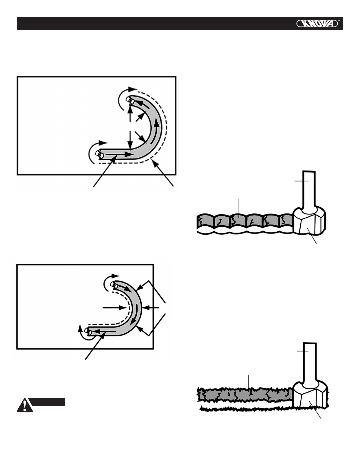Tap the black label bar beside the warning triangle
click(48, 401)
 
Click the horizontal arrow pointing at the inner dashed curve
click(115, 308)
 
